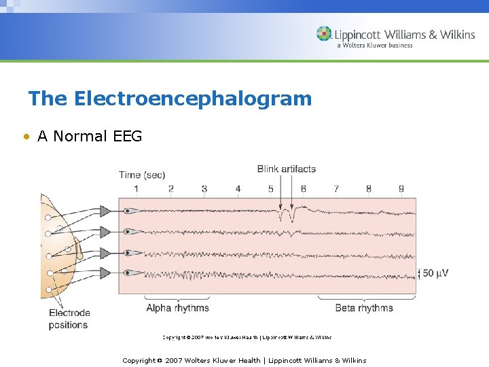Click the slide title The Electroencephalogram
click(170, 99)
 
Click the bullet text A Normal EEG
click(90, 136)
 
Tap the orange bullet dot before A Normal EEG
click(25, 137)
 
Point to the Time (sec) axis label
click(141, 175)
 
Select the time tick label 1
click(137, 189)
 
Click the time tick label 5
click(270, 189)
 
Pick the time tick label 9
click(401, 189)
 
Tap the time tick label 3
click(204, 189)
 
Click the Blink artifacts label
click(286, 169)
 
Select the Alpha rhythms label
click(177, 308)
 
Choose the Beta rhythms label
click(364, 308)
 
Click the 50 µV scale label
click(435, 273)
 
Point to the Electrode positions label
click(69, 319)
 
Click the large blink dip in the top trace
click(290, 217)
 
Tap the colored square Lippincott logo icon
click(324, 34)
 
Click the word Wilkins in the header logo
click(456, 35)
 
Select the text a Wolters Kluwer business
click(374, 46)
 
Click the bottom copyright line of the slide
click(244, 360)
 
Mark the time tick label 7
click(336, 189)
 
